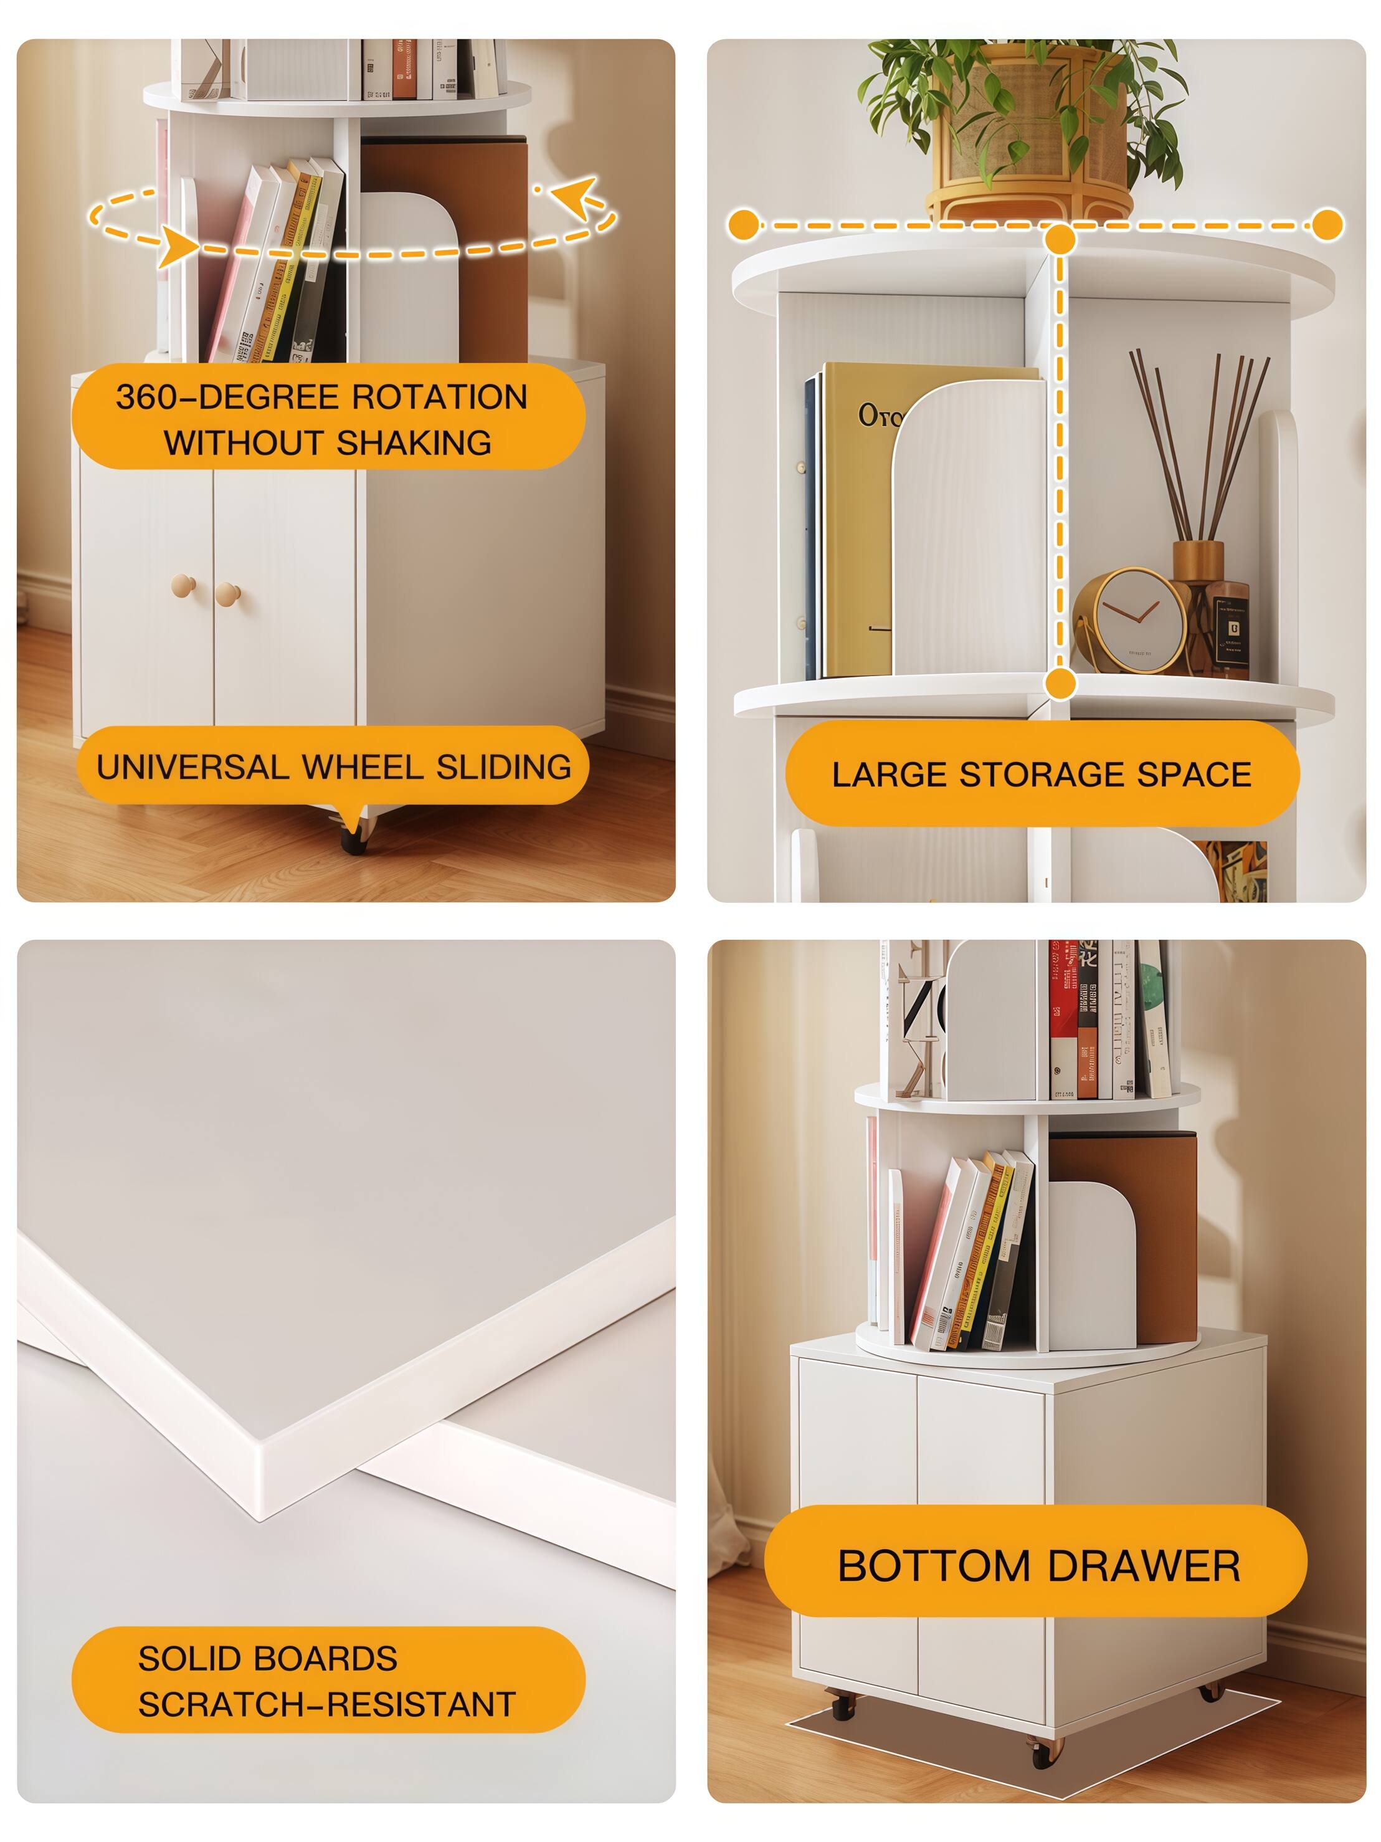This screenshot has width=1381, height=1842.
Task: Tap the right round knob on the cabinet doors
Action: [227, 594]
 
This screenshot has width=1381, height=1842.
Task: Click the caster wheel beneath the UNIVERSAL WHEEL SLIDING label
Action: [354, 837]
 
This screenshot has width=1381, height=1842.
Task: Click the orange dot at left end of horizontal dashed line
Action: [743, 225]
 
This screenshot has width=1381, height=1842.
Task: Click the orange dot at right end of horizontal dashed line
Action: [1327, 225]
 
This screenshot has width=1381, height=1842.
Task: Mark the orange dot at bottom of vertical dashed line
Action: [1060, 684]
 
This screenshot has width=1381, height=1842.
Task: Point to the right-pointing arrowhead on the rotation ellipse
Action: [178, 247]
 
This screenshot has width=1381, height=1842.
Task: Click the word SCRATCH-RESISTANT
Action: [327, 1705]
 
